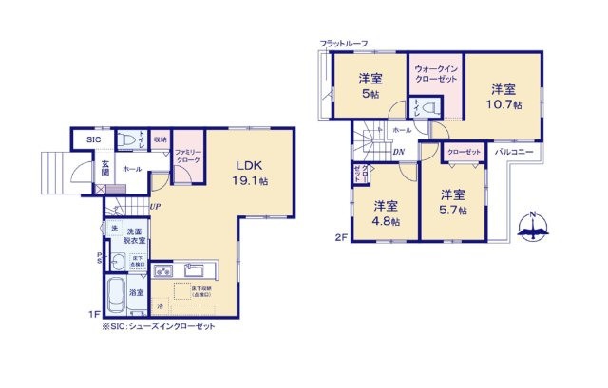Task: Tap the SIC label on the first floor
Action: click(94, 140)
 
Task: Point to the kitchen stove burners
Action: click(161, 268)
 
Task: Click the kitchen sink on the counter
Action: click(188, 268)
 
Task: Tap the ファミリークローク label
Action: click(186, 157)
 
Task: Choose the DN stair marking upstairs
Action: click(399, 151)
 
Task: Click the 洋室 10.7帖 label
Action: click(505, 97)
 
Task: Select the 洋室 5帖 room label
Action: click(370, 86)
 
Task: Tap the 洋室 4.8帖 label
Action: click(385, 212)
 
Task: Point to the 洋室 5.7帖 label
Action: click(452, 203)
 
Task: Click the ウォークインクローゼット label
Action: click(435, 73)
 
